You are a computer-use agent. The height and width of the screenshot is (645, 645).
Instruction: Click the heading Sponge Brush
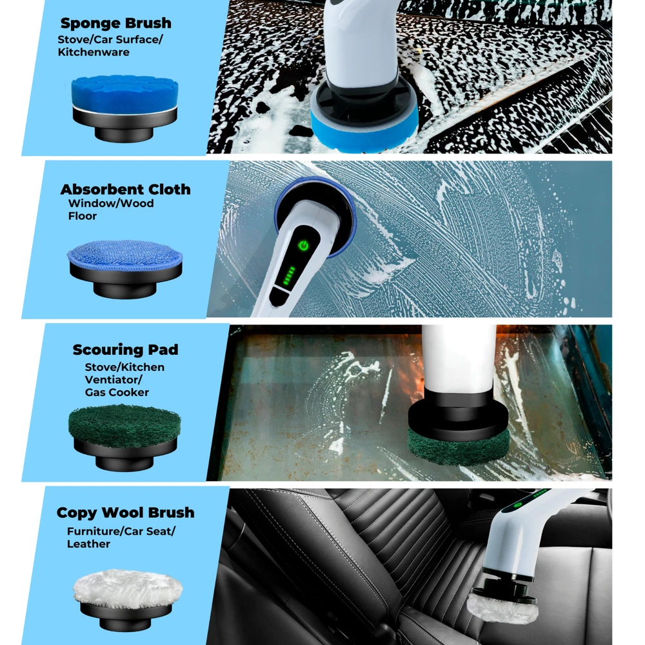coord(115,23)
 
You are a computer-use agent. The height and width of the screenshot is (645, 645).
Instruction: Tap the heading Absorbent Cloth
coord(126,189)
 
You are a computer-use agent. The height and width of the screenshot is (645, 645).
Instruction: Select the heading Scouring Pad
coord(126,350)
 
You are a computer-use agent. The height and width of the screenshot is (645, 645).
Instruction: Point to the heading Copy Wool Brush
coord(126,513)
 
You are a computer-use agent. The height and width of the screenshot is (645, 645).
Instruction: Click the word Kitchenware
coord(94,52)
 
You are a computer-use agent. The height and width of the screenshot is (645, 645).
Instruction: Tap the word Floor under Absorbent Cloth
coord(83,216)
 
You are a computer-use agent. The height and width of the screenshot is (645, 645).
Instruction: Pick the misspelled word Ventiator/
coord(114,380)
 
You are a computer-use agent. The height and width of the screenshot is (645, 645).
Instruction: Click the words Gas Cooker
coord(117,392)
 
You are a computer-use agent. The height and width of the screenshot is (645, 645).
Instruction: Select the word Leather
coord(88,544)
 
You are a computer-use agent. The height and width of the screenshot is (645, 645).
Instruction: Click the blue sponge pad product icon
coord(124,108)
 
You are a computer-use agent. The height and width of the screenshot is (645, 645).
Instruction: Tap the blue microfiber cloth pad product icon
coord(124,268)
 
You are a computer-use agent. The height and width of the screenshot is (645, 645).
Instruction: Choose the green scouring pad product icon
coord(124,437)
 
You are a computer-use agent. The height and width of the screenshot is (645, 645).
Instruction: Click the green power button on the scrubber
coord(303,246)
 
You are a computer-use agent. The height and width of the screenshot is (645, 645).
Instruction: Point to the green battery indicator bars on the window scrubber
coord(289,275)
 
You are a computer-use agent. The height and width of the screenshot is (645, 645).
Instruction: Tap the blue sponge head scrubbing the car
coord(364,123)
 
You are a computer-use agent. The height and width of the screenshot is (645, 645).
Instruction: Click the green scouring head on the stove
coord(458,446)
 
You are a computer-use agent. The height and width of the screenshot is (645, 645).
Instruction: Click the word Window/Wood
coord(111,203)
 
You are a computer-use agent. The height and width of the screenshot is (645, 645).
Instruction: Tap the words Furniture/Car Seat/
coord(121,531)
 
